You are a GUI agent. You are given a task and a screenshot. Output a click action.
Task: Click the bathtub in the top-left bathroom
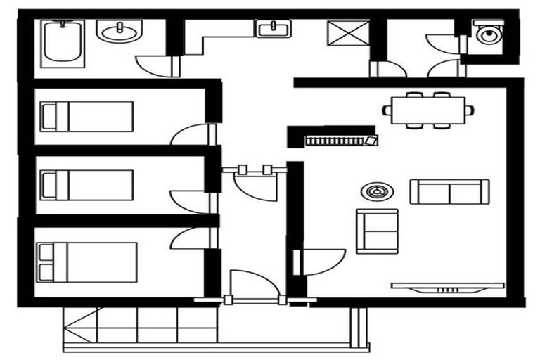(63, 44)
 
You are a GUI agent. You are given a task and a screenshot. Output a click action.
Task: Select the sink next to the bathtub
(120, 31)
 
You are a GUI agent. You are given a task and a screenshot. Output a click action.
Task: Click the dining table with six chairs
(428, 110)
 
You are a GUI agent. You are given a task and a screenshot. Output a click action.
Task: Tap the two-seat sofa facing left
(449, 191)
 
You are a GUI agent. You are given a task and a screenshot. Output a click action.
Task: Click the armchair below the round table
(377, 231)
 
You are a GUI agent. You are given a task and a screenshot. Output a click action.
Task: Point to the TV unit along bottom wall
(447, 287)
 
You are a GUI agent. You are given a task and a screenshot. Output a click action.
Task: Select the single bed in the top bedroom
(87, 116)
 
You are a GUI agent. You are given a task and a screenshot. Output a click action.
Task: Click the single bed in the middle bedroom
(87, 185)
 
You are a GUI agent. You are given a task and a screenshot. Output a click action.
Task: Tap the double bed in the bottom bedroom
(87, 262)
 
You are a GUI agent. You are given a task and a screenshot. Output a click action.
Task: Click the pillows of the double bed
(46, 262)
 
